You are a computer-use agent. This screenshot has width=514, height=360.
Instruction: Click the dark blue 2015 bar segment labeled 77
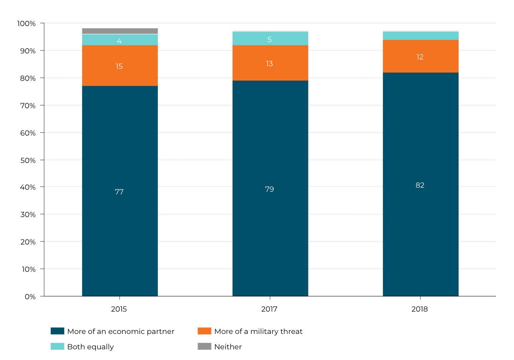[120, 191]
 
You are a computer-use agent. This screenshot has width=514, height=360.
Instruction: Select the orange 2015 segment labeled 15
[120, 65]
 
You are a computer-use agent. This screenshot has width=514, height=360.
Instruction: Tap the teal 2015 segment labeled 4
[120, 40]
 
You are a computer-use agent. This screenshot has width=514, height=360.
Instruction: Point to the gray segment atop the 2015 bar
[120, 31]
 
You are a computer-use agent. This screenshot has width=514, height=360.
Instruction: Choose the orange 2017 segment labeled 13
[270, 63]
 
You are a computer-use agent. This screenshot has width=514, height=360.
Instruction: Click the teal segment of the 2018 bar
[420, 36]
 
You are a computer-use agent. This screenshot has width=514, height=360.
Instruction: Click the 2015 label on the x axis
[119, 309]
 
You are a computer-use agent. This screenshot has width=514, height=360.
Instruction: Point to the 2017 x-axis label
[269, 309]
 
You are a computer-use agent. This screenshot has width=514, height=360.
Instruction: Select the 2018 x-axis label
[419, 309]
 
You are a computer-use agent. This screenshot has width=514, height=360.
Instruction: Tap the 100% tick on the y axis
[26, 23]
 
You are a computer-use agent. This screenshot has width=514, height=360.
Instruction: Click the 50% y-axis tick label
[28, 160]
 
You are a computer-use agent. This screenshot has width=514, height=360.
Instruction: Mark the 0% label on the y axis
[30, 297]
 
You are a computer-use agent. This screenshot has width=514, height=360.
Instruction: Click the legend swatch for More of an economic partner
[57, 331]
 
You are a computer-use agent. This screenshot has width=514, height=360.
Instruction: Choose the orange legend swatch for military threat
[204, 331]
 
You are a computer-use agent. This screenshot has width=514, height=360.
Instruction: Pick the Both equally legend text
[90, 347]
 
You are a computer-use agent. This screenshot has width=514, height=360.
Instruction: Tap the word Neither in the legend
[228, 347]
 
